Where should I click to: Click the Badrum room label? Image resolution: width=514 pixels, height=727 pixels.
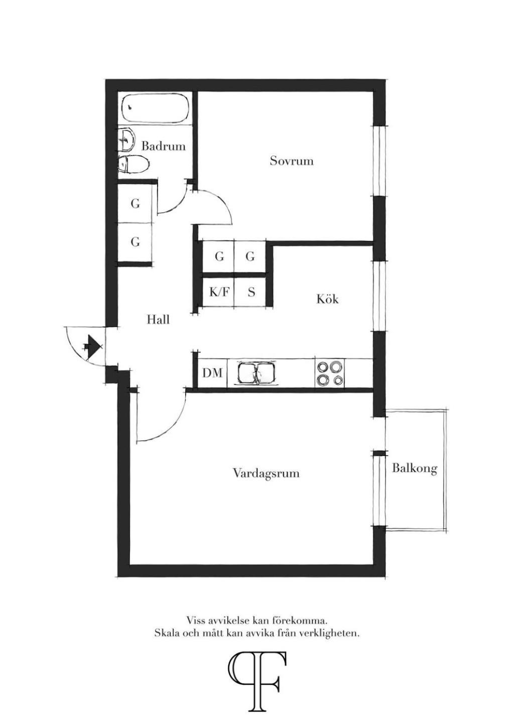tap(163, 147)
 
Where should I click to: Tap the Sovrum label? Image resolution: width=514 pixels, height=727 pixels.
tap(292, 161)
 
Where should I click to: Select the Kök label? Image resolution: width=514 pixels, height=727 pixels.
tap(327, 299)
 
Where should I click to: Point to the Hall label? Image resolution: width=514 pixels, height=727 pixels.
tap(158, 320)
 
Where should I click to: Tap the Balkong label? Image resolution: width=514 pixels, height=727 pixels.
tap(415, 469)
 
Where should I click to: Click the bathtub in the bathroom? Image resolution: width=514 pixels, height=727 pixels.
tap(155, 108)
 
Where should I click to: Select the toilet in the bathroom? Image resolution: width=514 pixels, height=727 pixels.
tap(133, 164)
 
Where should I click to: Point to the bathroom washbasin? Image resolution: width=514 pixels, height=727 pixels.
tap(126, 140)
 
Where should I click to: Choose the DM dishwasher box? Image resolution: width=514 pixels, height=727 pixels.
tap(212, 373)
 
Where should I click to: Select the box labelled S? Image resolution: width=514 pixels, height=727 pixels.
tap(250, 293)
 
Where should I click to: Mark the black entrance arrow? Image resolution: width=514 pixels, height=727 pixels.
tap(93, 344)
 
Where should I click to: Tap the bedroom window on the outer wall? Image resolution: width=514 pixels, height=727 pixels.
tap(378, 161)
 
